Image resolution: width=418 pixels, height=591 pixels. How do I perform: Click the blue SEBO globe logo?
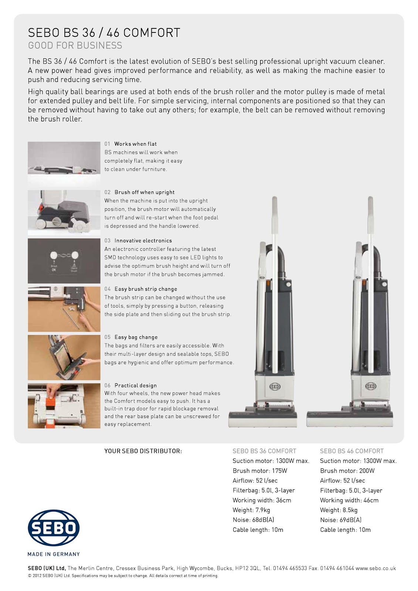54,528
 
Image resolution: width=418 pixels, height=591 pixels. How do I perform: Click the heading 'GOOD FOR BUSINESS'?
75,45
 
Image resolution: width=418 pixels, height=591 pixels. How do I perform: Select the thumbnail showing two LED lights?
64,261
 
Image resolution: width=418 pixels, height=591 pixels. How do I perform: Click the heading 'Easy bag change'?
136,337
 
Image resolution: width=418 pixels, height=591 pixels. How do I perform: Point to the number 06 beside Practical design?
108,385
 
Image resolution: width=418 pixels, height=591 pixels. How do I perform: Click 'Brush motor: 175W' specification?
260,471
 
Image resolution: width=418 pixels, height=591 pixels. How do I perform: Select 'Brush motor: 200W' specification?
347,471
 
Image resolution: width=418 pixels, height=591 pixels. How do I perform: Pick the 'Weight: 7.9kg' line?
251,510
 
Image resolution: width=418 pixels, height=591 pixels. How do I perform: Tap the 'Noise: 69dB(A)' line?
340,520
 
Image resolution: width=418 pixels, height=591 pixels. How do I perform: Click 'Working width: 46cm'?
349,500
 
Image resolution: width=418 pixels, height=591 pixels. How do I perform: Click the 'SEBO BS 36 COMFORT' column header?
264,451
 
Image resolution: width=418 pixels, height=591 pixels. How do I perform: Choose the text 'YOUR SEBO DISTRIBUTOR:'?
143,451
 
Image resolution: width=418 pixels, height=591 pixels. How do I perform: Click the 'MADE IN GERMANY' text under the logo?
54,554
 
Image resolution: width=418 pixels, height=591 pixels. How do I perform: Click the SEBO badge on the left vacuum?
275,386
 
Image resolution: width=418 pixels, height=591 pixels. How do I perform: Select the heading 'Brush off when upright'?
144,192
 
